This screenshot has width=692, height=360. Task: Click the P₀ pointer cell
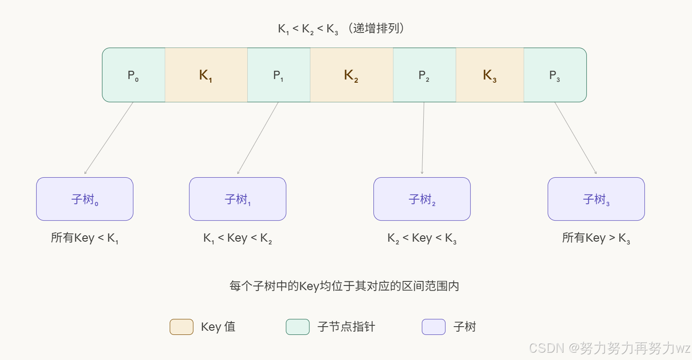pyautogui.click(x=133, y=75)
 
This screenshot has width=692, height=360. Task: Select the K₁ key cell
pyautogui.click(x=206, y=75)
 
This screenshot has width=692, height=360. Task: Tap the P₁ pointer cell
pyautogui.click(x=278, y=75)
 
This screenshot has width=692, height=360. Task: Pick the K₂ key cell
pyautogui.click(x=351, y=75)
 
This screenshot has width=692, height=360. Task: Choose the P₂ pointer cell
pyautogui.click(x=424, y=75)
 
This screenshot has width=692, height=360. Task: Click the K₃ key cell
pyautogui.click(x=490, y=75)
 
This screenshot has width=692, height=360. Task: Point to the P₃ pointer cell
pyautogui.click(x=555, y=75)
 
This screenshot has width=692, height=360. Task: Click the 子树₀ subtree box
pyautogui.click(x=85, y=199)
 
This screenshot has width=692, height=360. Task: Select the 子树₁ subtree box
pyautogui.click(x=238, y=199)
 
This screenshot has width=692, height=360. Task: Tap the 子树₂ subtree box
pyautogui.click(x=422, y=199)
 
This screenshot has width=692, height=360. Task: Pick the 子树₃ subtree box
pyautogui.click(x=596, y=199)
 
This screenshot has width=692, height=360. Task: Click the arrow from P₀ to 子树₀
pyautogui.click(x=109, y=138)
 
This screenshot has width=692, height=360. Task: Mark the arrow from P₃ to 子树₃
pyautogui.click(x=575, y=138)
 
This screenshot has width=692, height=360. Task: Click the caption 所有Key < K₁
pyautogui.click(x=85, y=238)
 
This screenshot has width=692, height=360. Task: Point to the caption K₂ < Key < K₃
pyautogui.click(x=422, y=238)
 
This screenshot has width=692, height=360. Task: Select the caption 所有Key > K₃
pyautogui.click(x=596, y=238)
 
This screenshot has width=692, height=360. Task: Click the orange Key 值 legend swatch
pyautogui.click(x=181, y=327)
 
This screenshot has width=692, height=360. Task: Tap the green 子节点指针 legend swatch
pyautogui.click(x=298, y=327)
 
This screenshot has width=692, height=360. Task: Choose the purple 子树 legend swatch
pyautogui.click(x=433, y=327)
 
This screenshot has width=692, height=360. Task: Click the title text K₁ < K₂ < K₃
pyautogui.click(x=308, y=29)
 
